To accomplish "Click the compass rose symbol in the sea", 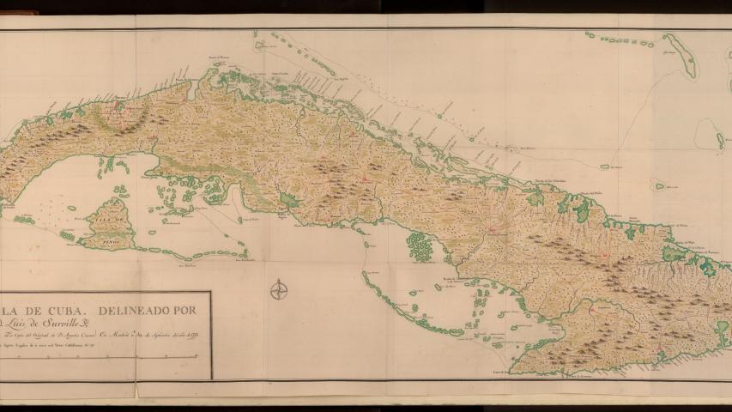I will (279, 290).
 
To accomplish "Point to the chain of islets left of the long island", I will (618, 39).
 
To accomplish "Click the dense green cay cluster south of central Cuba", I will (420, 247).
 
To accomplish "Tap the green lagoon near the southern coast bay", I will (289, 200).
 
